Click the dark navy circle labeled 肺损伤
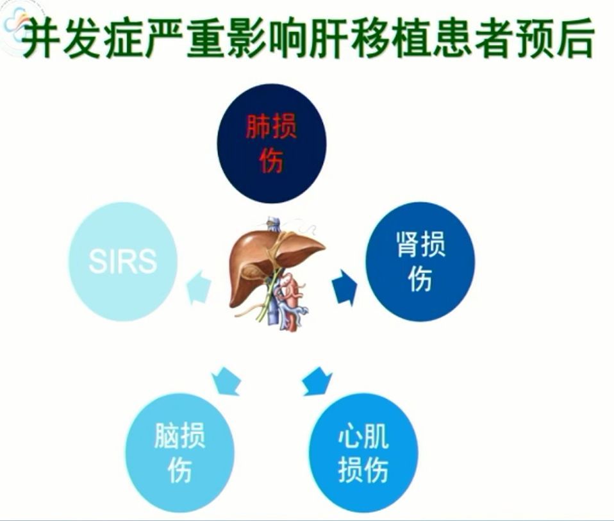[x=272, y=143]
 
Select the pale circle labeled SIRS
[x=122, y=261]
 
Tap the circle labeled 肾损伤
[x=420, y=261]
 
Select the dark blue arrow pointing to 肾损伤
[x=345, y=286]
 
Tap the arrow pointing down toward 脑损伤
[x=226, y=381]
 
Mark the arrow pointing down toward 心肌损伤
[x=317, y=381]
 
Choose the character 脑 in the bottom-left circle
[x=167, y=436]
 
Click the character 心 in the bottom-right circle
[x=350, y=436]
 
